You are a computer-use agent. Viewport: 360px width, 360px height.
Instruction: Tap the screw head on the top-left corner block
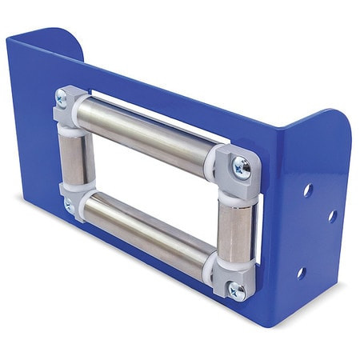coord(62,99)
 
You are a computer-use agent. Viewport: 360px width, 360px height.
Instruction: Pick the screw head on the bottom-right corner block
coord(236,291)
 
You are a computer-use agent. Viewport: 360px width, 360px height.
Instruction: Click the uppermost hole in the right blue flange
coord(306,190)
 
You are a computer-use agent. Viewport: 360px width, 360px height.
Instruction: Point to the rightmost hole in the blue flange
coord(331,216)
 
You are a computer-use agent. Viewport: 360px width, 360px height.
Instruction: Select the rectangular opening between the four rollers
coord(148,180)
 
